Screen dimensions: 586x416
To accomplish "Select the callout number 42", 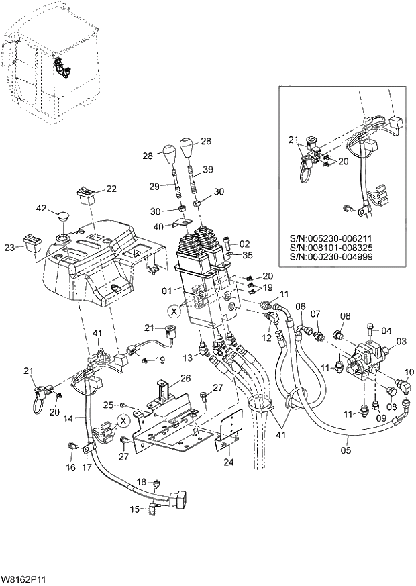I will click(40, 209).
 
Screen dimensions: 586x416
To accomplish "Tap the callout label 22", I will click(111, 189).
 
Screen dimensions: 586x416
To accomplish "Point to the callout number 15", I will click(135, 509).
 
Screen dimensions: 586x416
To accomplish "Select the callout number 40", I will click(158, 226).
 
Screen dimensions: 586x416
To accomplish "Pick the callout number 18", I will click(141, 482).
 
